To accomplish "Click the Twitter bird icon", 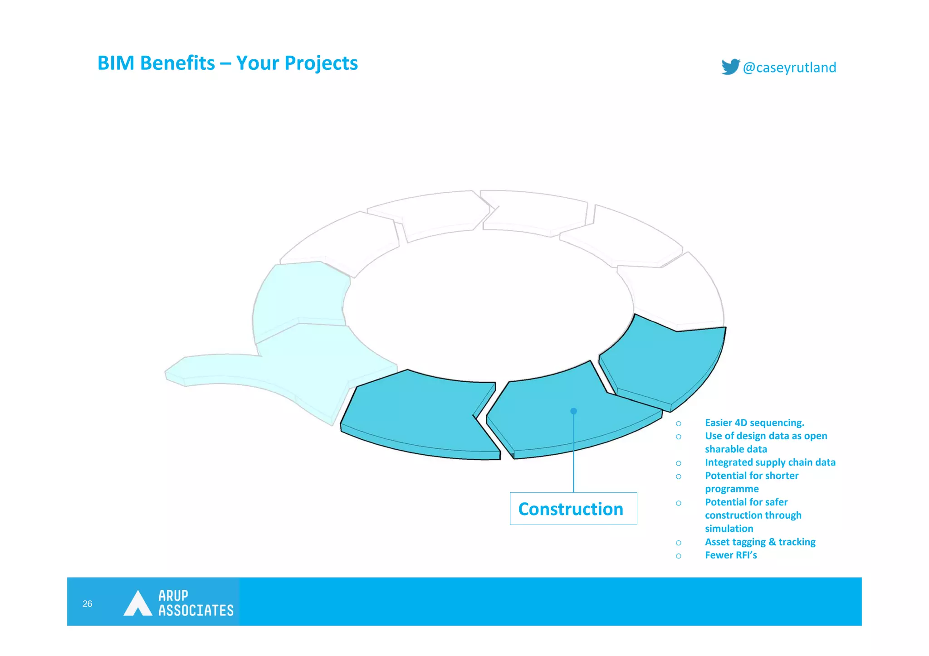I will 730,67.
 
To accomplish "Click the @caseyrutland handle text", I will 789,68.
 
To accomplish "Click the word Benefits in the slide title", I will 177,63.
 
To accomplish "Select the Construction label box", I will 573,509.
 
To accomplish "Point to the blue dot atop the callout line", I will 573,411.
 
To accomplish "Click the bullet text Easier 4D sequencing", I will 754,423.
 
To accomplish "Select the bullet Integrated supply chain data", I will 770,462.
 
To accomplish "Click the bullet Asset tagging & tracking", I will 760,542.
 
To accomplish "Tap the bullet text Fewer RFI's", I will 730,555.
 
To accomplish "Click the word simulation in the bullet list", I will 729,529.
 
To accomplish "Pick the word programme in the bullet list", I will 731,489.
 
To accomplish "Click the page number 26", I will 87,603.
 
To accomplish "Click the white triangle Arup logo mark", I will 137,604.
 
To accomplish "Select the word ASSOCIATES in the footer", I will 196,611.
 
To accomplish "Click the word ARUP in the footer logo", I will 173,595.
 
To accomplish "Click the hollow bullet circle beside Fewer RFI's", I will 678,556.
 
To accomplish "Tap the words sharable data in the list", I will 736,449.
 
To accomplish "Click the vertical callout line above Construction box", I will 573,453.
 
